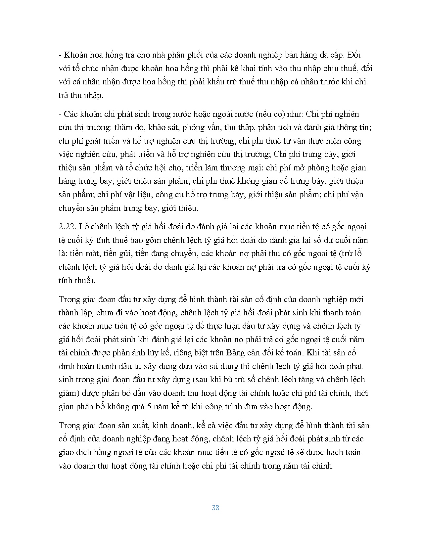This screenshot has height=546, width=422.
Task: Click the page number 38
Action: (215, 508)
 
